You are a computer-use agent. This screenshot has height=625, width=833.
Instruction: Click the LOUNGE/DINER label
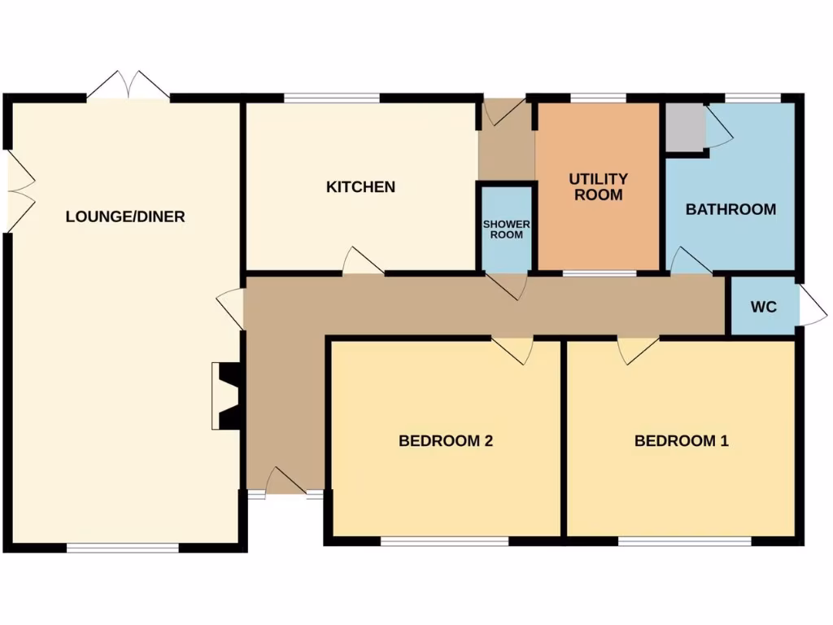(x=125, y=216)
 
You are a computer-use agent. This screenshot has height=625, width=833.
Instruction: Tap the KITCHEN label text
(x=360, y=187)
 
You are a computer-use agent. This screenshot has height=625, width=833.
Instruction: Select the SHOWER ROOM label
(x=507, y=229)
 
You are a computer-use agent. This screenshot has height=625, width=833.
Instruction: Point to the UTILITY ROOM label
(x=598, y=186)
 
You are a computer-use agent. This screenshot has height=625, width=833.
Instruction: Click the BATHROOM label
(x=731, y=209)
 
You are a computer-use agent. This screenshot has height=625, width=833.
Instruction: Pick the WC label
(x=763, y=307)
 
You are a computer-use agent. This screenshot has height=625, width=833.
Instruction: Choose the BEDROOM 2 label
(x=446, y=441)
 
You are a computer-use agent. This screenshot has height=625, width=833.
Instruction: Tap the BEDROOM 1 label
(x=681, y=441)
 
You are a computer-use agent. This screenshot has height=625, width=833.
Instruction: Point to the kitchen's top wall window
(x=332, y=98)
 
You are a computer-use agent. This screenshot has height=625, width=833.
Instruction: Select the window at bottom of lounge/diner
(x=123, y=548)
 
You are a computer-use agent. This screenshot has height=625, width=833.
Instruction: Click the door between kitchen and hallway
(x=363, y=262)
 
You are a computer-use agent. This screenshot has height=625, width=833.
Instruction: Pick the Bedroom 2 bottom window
(x=444, y=540)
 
